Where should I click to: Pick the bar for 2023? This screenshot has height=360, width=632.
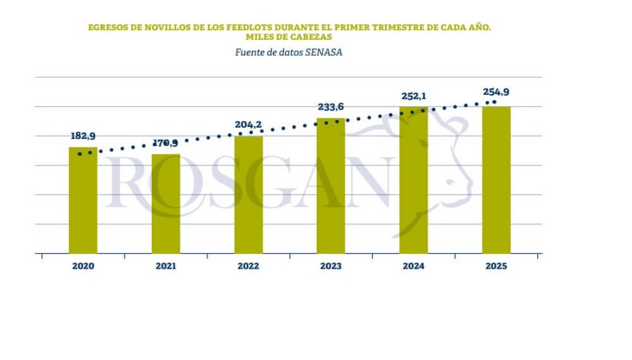coord(331,186)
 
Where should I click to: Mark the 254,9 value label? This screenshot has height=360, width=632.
coord(496,92)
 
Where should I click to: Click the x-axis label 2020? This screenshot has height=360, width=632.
coord(83,267)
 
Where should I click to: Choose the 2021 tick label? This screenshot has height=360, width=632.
coord(166,267)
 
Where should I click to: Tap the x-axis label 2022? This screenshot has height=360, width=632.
coord(249,267)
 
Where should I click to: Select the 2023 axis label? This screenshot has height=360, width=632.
coord(331,267)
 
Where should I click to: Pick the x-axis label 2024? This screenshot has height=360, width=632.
coord(414,267)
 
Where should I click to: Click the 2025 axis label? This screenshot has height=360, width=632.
coord(496,267)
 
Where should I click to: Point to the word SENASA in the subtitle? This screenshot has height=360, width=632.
coord(324,52)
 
